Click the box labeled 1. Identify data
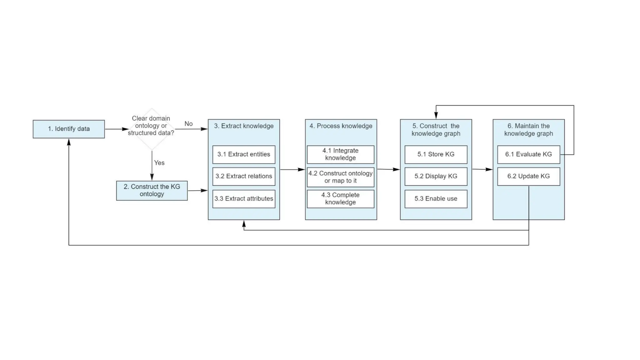point(69,129)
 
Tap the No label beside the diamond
point(188,124)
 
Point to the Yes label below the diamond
point(159,163)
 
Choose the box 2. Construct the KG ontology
point(152,190)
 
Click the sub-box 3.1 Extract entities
point(244,154)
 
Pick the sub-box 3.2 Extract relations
point(244,176)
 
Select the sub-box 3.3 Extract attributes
point(244,199)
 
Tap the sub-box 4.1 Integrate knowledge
point(340,154)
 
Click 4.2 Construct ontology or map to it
point(340,177)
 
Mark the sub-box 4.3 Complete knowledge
point(340,199)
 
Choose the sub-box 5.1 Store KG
point(436,154)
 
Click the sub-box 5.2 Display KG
point(436,176)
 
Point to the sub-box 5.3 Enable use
point(436,199)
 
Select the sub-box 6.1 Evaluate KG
point(528,154)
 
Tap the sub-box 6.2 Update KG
point(528,176)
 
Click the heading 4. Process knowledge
point(341,126)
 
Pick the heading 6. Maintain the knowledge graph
point(528,130)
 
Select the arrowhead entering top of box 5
point(436,116)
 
